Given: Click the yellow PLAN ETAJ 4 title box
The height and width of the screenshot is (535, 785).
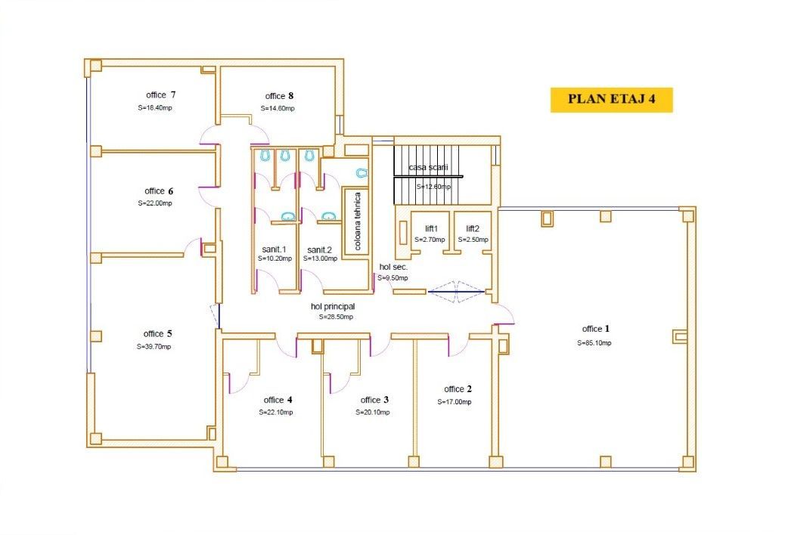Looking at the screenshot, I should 611,100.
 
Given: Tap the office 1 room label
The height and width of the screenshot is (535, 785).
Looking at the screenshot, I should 595,329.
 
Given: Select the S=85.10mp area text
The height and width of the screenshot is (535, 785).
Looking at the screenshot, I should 594,342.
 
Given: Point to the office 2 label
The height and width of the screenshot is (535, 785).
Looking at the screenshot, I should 458,389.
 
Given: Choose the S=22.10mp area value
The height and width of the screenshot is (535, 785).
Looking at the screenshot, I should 276,413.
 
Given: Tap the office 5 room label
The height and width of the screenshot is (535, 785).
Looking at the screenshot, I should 157,333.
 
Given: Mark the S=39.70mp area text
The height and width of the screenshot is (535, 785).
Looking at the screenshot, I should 154,347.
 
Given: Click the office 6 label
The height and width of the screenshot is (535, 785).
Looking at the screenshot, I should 159,191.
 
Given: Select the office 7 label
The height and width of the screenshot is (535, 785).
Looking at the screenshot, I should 160,94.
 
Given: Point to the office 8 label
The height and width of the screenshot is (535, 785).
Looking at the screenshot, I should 279,96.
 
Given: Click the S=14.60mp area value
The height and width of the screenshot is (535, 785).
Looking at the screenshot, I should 278,109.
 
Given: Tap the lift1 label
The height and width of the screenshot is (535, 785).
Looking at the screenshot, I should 422,227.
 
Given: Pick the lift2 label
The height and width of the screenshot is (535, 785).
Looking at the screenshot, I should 473,227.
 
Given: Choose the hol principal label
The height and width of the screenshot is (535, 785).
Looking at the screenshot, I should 333,307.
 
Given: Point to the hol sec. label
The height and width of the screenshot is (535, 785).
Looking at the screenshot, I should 393,267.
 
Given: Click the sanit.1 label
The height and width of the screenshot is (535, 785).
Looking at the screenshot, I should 274,249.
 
